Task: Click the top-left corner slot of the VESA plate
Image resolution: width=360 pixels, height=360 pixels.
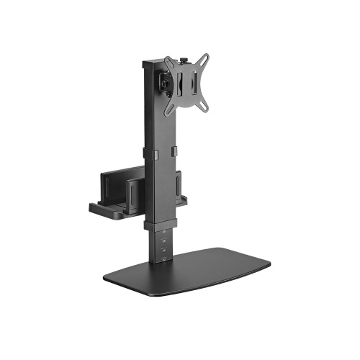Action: (x=168, y=62)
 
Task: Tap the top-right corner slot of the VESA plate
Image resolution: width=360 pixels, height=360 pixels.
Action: (x=204, y=57)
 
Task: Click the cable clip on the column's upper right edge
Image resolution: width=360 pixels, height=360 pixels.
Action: (x=173, y=152)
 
